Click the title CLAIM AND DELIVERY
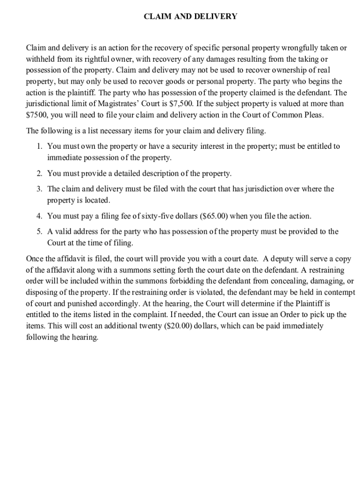click(190, 17)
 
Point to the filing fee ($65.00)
click(214, 216)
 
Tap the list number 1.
click(39, 146)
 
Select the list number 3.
click(39, 189)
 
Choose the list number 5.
click(39, 232)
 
